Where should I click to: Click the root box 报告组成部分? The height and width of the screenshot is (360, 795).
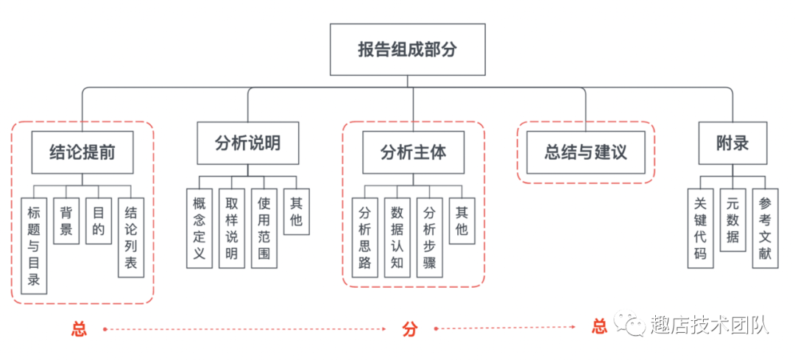407,49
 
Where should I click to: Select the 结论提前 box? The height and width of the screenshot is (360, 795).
82,152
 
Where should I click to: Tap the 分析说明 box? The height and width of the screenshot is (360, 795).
247,143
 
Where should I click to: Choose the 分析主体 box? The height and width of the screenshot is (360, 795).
413,152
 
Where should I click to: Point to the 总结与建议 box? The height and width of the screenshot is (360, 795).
585,152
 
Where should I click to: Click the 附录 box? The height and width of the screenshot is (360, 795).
732,143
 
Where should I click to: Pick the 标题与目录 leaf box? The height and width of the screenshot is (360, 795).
34,246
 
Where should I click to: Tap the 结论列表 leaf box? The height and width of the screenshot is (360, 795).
131,238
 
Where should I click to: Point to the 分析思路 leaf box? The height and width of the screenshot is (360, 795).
364,237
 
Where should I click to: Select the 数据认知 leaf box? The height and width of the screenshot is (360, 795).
397,237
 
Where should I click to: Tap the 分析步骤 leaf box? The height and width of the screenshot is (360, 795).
429,237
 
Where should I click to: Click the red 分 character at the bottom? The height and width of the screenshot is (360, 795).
409,329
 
